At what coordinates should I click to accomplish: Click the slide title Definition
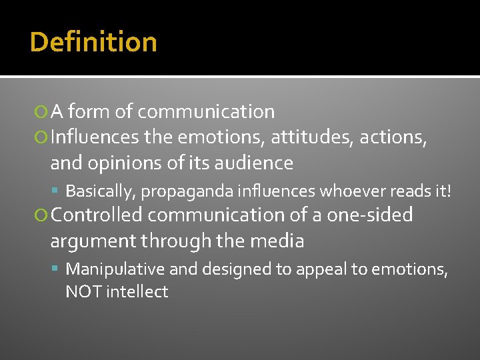click(x=93, y=43)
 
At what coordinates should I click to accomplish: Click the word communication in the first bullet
click(x=206, y=112)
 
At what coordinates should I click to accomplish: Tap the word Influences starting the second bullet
click(x=95, y=138)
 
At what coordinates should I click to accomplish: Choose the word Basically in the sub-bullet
click(x=101, y=192)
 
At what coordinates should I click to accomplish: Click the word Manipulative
click(x=115, y=269)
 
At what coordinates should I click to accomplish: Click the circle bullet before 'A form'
click(x=42, y=113)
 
